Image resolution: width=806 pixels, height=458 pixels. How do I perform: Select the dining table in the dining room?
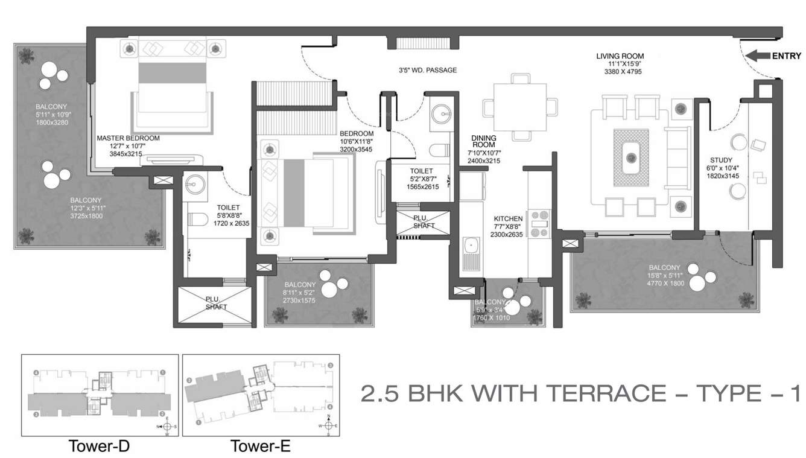coord(516,107)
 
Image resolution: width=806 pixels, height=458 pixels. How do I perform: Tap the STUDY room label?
coord(720,161)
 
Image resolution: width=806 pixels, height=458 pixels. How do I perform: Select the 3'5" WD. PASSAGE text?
coord(428,71)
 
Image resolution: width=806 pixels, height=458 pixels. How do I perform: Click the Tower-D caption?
coord(100,447)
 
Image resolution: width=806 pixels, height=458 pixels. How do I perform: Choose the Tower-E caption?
coord(261,447)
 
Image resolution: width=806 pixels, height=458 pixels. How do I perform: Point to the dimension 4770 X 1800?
coord(664,282)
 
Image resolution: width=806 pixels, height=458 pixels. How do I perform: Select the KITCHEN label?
coord(508,218)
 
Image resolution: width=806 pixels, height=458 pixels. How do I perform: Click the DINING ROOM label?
coord(483,141)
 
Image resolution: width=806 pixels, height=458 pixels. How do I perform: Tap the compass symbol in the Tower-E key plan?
coord(328,425)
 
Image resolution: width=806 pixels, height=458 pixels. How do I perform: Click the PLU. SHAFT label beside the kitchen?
coord(424,221)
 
